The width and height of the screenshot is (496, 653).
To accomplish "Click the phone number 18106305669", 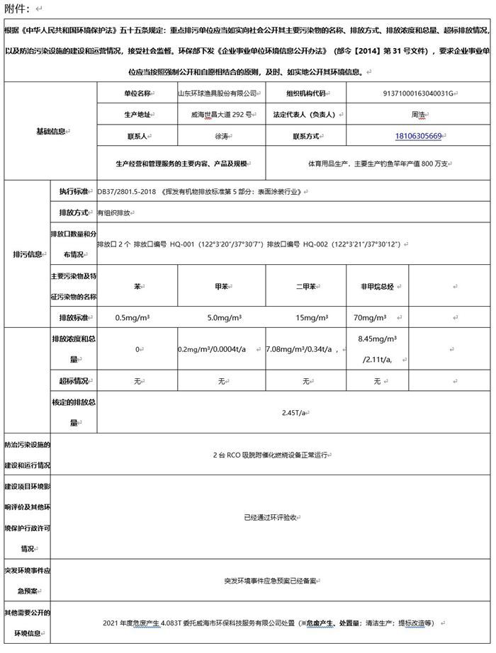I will coord(419,136).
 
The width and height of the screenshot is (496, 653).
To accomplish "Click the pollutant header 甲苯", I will coord(221,288).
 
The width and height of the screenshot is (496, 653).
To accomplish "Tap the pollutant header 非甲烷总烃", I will coord(377,288).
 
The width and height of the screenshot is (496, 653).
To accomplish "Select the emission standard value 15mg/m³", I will coord(305,317).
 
